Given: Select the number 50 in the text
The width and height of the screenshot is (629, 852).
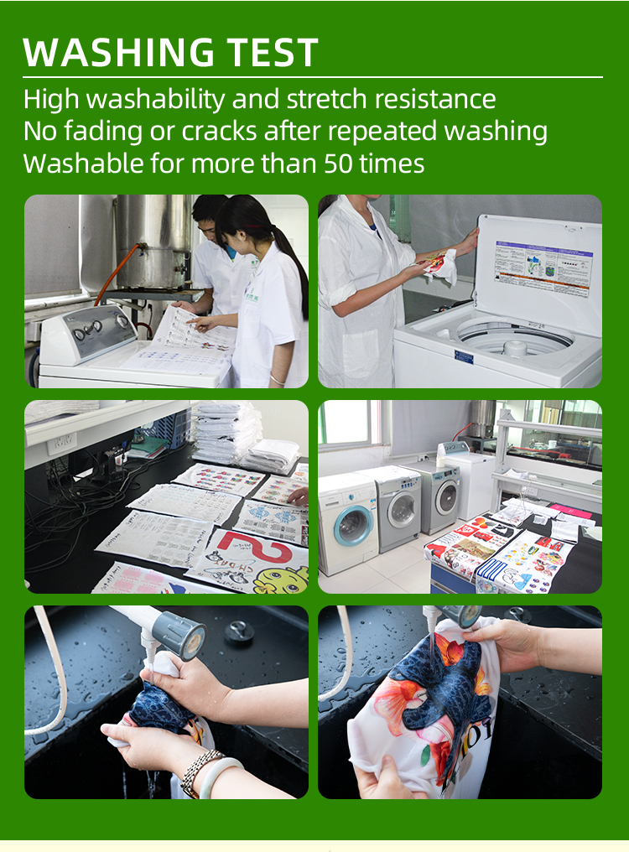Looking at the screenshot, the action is point(341,164).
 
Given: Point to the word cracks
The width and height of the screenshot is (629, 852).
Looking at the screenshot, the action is point(219,132).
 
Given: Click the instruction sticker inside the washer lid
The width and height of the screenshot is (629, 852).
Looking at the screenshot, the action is point(543,268).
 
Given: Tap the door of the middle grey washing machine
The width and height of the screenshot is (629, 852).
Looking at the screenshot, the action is point(402,512).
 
